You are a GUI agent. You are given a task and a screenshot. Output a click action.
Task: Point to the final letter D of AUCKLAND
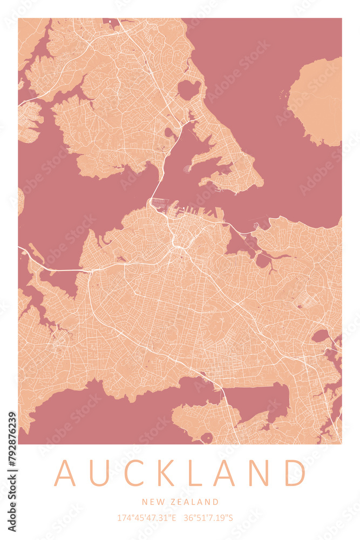(295, 473)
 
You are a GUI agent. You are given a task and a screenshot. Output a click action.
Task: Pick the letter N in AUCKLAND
(260, 473)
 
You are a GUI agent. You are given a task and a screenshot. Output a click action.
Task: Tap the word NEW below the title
(151, 502)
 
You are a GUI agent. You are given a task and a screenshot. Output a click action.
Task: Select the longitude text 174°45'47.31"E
(147, 518)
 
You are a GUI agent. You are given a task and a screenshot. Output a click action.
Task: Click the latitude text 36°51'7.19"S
(208, 518)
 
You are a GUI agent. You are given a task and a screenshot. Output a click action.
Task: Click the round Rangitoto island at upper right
(316, 102)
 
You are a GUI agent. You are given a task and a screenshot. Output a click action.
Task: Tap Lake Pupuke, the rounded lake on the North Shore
(188, 89)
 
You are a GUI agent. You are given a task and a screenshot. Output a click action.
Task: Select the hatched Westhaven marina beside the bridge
(159, 204)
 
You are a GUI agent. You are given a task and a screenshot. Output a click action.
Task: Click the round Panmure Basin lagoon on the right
(321, 336)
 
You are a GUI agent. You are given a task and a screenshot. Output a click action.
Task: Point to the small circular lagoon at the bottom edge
(207, 437)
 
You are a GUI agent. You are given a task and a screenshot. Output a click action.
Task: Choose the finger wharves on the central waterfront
(194, 211)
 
